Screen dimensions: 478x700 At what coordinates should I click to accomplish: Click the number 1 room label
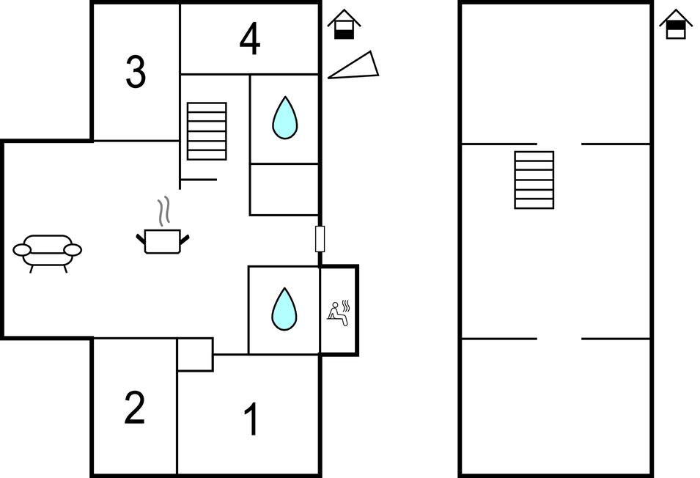tap(251, 420)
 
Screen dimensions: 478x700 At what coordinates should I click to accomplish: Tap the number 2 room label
tap(134, 408)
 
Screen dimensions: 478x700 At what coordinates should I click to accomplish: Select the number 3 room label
tap(136, 72)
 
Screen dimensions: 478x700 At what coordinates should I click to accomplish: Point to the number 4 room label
tap(250, 40)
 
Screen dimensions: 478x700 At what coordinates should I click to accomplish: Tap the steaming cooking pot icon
tap(163, 240)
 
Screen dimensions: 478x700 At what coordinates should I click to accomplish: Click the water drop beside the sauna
tap(284, 309)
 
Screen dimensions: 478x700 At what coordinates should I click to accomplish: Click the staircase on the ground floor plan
tap(207, 130)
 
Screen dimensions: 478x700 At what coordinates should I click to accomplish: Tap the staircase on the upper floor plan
tap(534, 180)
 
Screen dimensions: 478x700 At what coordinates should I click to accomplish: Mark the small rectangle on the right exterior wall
tap(320, 239)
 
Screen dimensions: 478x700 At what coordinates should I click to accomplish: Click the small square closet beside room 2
tap(195, 354)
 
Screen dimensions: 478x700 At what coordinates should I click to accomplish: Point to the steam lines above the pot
tap(166, 210)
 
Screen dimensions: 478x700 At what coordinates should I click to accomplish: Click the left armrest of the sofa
tap(22, 250)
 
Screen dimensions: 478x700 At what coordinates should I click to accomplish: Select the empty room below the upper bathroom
tap(284, 189)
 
